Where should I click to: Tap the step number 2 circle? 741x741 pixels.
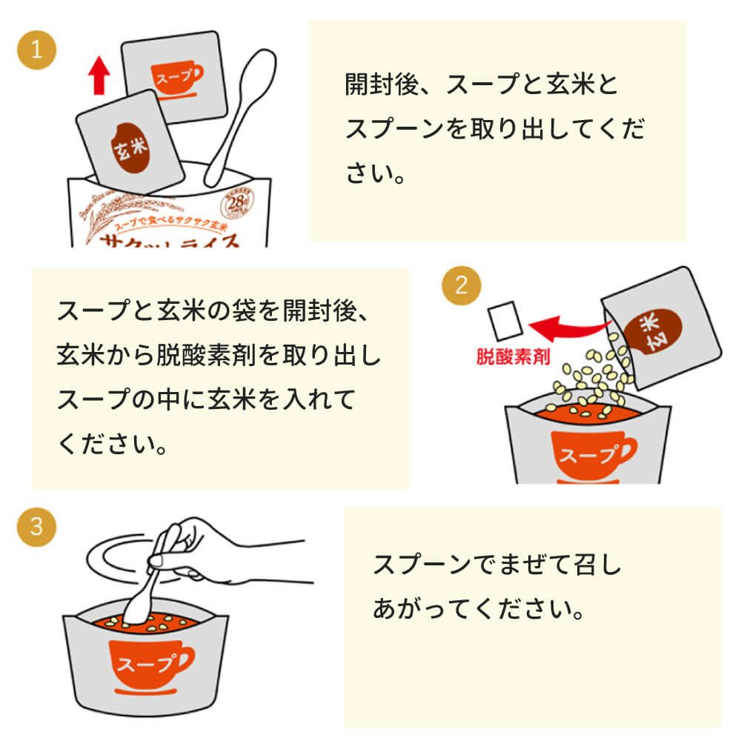[461, 286]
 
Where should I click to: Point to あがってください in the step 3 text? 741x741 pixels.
[474, 611]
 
